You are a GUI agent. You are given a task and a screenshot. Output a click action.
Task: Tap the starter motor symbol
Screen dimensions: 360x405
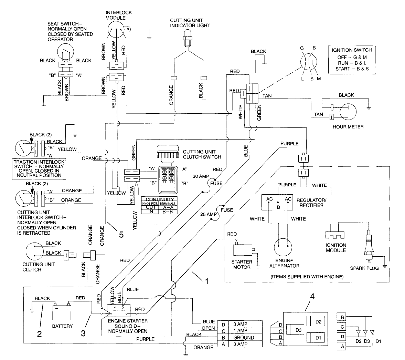click(243, 250)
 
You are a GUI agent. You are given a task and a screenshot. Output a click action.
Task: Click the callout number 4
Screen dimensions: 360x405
click(312, 296)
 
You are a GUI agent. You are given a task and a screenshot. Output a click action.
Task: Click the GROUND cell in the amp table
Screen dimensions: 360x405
click(244, 337)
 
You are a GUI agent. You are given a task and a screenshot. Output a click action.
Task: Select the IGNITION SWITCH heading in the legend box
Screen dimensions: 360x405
click(352, 50)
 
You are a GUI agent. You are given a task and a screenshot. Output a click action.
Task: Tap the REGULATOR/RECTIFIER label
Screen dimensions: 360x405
click(310, 203)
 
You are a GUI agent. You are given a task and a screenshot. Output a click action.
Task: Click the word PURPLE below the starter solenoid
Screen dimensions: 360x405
click(146, 339)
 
